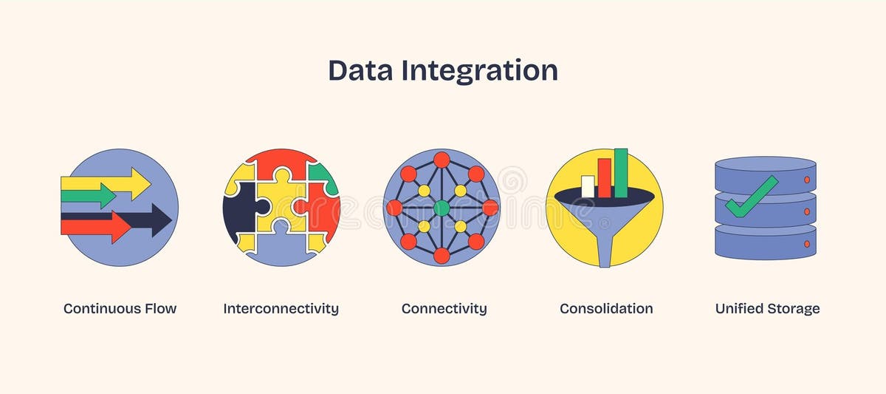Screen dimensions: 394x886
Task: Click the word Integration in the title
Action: (479, 71)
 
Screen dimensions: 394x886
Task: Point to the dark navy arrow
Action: (151, 220)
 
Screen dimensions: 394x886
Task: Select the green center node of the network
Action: (442, 208)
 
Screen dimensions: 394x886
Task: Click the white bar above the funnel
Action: (588, 186)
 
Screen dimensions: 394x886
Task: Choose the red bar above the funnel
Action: (605, 177)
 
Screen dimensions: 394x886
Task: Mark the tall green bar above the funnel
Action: (621, 172)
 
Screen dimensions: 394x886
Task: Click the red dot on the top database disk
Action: (806, 180)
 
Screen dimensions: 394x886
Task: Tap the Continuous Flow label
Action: (120, 308)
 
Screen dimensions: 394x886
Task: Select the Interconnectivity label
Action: (281, 308)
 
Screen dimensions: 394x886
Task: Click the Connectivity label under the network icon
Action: (444, 308)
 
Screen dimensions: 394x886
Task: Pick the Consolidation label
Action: (606, 308)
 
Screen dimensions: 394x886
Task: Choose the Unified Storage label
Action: (767, 308)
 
